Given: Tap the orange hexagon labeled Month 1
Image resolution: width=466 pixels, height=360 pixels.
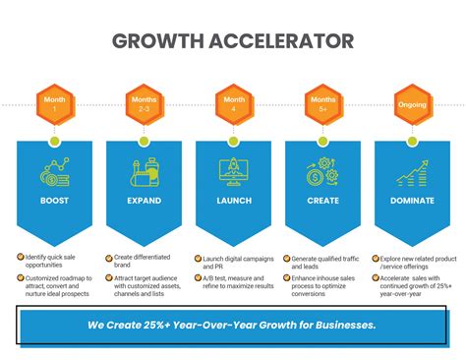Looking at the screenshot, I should pos(55,103).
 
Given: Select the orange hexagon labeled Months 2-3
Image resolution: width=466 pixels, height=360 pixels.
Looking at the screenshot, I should pos(145,103).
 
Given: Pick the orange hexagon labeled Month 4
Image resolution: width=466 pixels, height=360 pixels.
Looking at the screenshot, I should pos(234,103).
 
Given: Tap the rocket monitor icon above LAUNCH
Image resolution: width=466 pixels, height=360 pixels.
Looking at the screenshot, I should pos(234,171).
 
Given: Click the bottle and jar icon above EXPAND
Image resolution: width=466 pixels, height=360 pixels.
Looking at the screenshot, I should pos(145,173).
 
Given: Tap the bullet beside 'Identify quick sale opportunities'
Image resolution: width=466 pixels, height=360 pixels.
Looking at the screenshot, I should pos(22,258).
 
